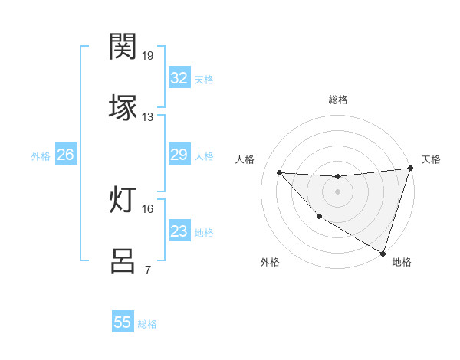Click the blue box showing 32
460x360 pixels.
coord(179,78)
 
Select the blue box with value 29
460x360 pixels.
coord(179,155)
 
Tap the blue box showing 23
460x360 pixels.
coord(179,232)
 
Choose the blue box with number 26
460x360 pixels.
coord(65,155)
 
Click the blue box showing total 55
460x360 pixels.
coord(123,322)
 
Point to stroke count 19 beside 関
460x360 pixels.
coord(148,56)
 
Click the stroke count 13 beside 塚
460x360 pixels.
coord(148,116)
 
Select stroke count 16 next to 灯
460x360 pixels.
coord(148,208)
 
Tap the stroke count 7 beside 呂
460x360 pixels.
coord(147,269)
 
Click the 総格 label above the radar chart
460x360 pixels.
coord(338,100)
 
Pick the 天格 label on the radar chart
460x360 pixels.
coord(431,159)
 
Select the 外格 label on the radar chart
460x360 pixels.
coord(270,262)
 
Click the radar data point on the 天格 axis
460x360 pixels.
coord(410,169)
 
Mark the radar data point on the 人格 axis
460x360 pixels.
coord(279,172)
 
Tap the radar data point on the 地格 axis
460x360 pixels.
coord(383,252)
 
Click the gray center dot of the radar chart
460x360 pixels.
coord(337,191)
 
